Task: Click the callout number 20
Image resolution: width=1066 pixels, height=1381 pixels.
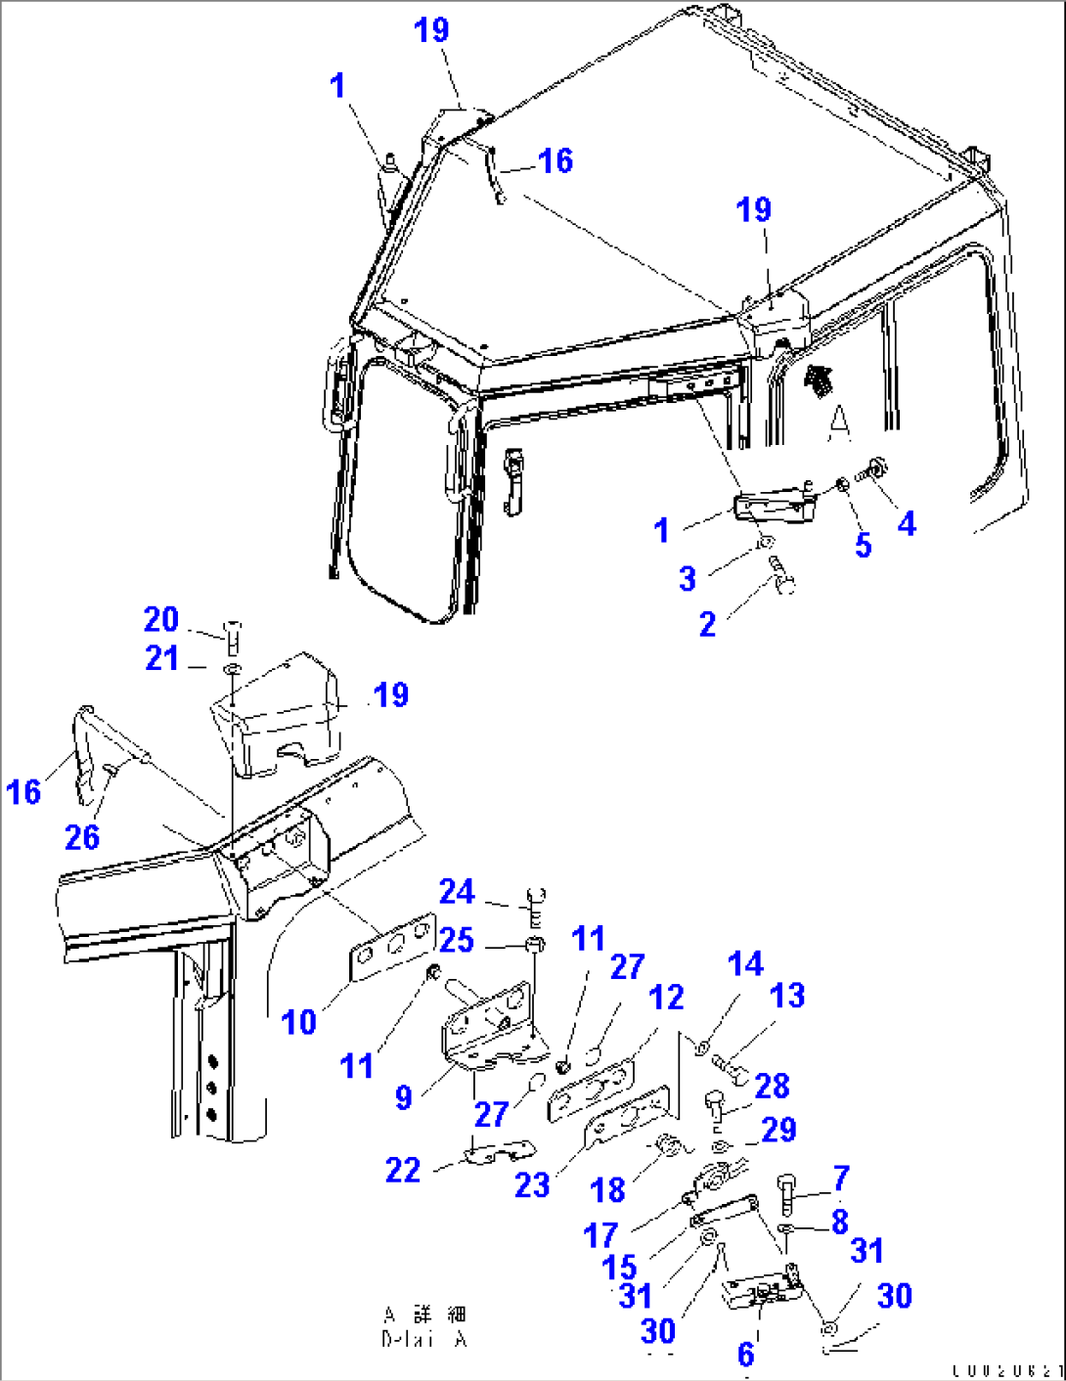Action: pos(161,619)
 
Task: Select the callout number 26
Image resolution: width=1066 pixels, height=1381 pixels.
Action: pos(82,837)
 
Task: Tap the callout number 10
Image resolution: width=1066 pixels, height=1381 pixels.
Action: pos(298,1022)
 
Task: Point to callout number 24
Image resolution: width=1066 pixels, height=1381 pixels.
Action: pos(457,891)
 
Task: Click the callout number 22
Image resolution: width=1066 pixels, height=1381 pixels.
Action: pos(402,1170)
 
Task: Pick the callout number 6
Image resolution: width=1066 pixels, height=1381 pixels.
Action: pos(745,1354)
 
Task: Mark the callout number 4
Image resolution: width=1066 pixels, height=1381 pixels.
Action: pos(907,523)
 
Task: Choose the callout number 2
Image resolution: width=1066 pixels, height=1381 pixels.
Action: pos(707,624)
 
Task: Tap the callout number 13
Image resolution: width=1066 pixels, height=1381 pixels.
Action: pos(787,996)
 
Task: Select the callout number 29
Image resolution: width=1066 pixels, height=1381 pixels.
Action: pos(778,1129)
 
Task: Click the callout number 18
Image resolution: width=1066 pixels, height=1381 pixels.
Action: pos(607,1189)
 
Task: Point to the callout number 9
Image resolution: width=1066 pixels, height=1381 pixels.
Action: pos(403,1096)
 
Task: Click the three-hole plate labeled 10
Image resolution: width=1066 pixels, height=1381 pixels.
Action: pos(392,945)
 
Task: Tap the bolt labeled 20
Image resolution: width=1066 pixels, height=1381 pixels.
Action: pos(233,639)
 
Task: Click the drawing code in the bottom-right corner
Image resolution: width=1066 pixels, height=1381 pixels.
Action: pos(1006,1370)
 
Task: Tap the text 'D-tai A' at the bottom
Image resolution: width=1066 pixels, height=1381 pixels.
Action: pos(423,1339)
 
